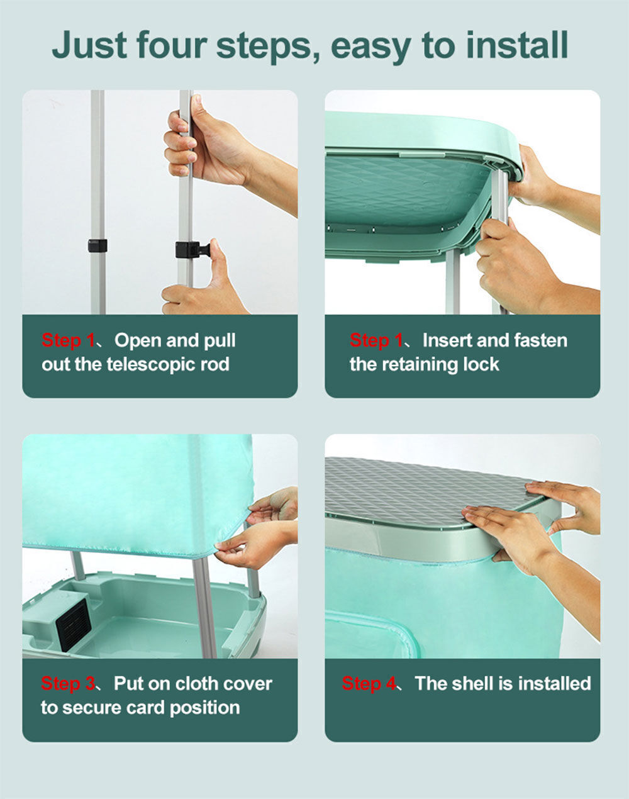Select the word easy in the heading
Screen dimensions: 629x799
click(371, 48)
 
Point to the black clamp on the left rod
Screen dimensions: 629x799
click(97, 245)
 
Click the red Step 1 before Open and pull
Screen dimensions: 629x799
click(68, 340)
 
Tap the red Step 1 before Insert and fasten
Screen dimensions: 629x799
click(376, 340)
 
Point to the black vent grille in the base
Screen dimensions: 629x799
click(74, 625)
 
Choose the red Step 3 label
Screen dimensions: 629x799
click(68, 683)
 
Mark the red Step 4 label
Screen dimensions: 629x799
click(369, 683)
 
